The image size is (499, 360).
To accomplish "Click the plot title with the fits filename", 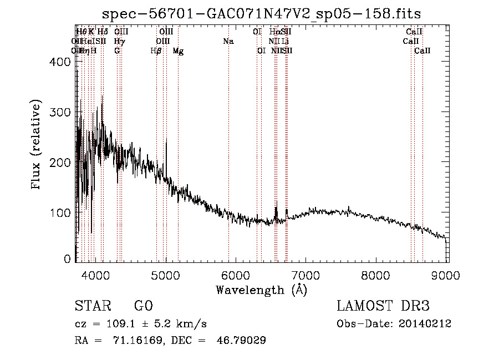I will [x=262, y=13].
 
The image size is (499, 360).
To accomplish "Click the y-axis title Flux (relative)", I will [x=37, y=145].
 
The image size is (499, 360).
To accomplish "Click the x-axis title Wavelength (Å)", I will [x=261, y=290].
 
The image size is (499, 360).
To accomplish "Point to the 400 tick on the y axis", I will [x=62, y=62].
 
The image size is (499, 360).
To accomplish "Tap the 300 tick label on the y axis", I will [x=62, y=113].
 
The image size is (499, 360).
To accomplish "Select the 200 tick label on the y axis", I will [x=62, y=163].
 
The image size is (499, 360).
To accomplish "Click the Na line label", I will [x=228, y=42].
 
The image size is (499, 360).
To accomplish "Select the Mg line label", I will [x=178, y=51].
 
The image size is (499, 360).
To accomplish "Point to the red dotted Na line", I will [x=228, y=139].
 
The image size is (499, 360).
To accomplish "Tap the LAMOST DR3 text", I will [x=383, y=306].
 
